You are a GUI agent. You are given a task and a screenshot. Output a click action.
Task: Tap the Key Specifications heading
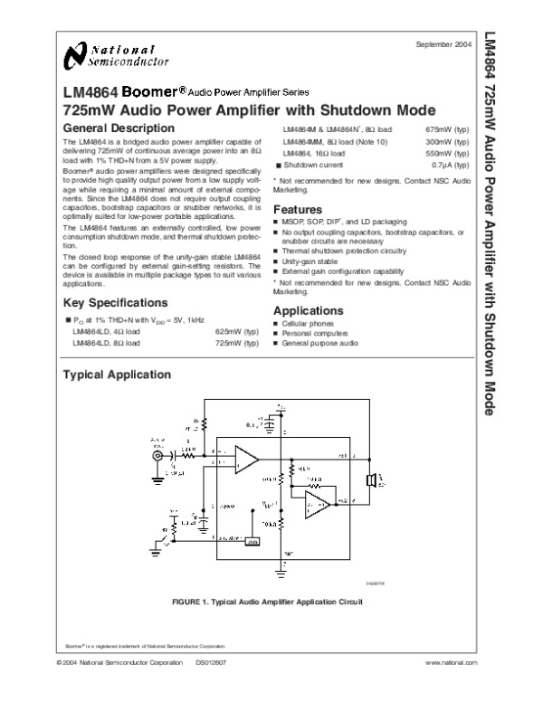(114, 302)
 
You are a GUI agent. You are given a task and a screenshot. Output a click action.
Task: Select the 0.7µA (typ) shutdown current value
(451, 166)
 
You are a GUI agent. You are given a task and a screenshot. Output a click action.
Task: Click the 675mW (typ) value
(448, 130)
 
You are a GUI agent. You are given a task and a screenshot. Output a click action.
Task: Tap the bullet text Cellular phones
(309, 323)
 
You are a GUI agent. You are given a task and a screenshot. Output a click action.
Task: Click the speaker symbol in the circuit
(371, 479)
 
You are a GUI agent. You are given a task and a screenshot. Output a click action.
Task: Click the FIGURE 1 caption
(260, 602)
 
